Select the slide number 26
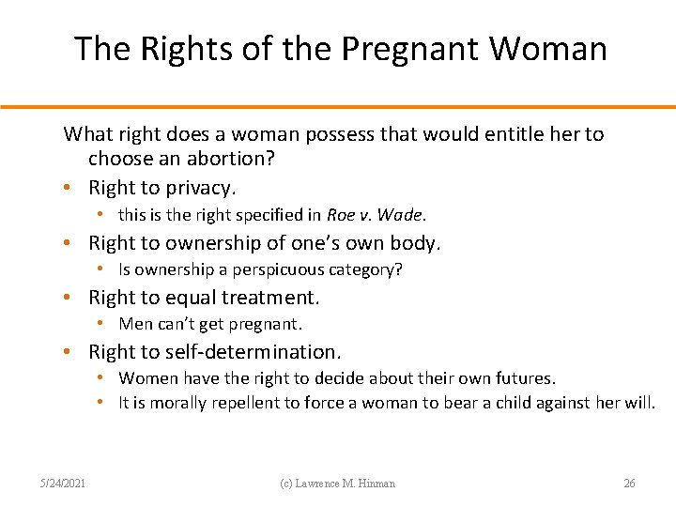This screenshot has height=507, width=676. click(x=629, y=484)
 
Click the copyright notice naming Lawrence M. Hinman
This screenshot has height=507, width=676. click(x=338, y=484)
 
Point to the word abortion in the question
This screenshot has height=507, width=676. click(x=236, y=159)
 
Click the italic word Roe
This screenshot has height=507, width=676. click(x=341, y=215)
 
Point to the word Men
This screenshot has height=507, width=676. click(x=134, y=324)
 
